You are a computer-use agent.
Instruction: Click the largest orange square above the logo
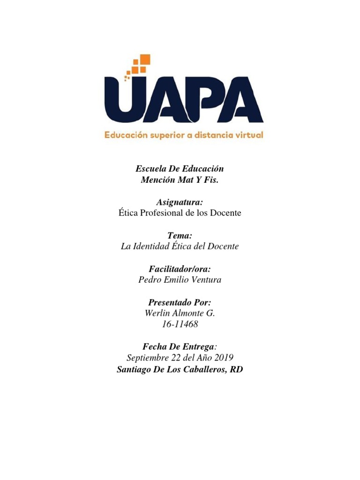[144, 60]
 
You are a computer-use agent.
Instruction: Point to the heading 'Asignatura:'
[180, 202]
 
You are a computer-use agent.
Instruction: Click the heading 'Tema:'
[180, 235]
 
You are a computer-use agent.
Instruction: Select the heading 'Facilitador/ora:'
[180, 269]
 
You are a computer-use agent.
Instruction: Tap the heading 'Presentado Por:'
[180, 302]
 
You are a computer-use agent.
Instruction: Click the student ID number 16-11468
[180, 325]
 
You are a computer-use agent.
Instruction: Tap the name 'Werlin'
[159, 314]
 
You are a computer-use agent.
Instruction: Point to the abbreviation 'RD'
[237, 369]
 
